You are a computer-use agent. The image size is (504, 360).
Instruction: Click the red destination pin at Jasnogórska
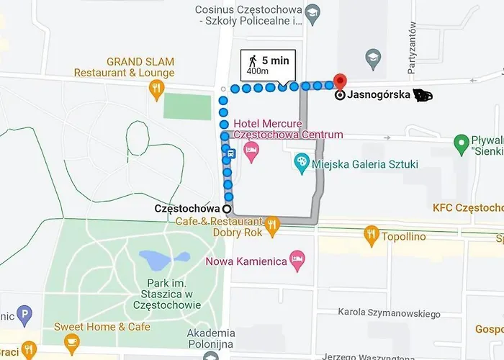click(x=340, y=81)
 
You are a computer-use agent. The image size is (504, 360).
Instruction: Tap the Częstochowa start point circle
click(x=228, y=209)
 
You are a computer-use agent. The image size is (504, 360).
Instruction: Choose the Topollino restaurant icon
click(x=371, y=233)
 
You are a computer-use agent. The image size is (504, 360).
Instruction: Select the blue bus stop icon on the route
click(x=230, y=153)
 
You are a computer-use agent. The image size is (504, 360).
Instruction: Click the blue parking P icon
click(x=25, y=314)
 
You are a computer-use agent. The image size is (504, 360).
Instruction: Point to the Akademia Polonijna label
click(x=211, y=338)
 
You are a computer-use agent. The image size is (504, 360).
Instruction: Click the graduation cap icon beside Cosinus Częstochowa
click(x=312, y=14)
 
